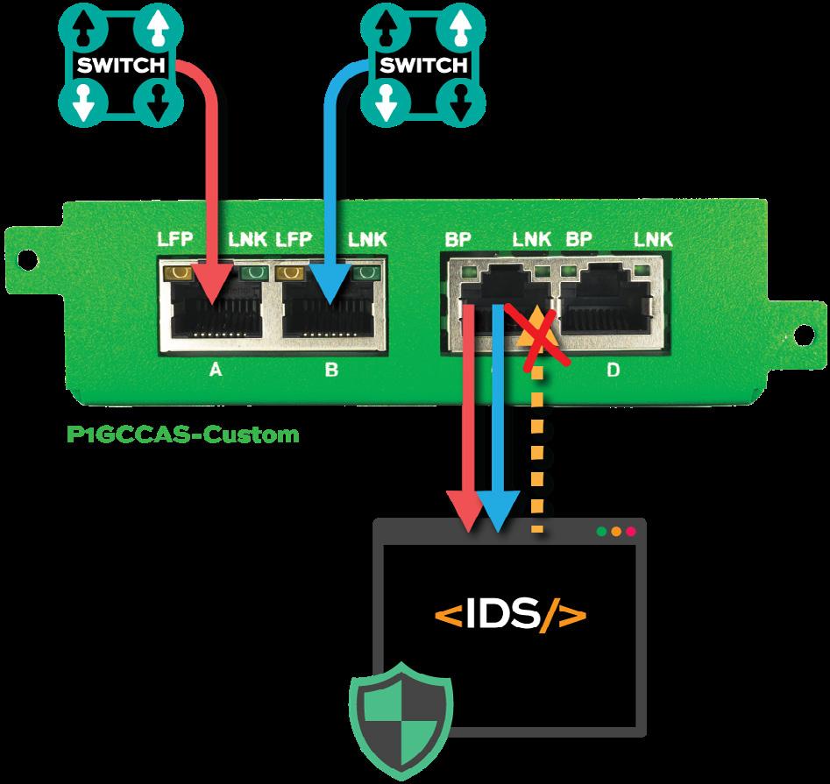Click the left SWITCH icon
[119, 66]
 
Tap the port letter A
[215, 370]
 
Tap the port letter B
[330, 370]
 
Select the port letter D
[613, 370]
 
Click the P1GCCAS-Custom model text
[182, 433]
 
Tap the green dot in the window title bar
[601, 531]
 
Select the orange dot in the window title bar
[616, 531]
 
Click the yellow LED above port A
[181, 272]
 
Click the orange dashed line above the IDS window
[537, 456]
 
